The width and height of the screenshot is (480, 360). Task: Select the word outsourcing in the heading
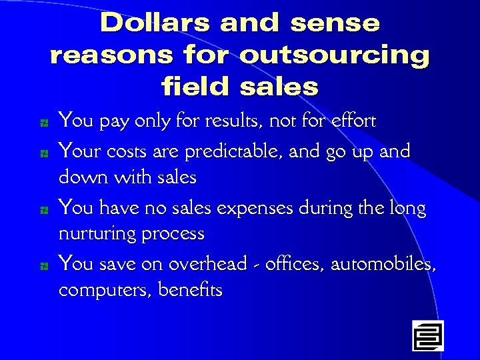[334, 55]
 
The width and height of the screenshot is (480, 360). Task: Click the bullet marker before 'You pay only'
[43, 123]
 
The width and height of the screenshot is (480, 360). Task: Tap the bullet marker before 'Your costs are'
[43, 153]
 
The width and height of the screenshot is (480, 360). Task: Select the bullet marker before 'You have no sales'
[43, 210]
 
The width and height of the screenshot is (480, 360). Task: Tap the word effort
[352, 121]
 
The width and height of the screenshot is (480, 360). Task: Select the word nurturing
[95, 235]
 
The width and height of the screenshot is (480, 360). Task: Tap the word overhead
[207, 264]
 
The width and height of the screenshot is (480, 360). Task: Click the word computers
[104, 291]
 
